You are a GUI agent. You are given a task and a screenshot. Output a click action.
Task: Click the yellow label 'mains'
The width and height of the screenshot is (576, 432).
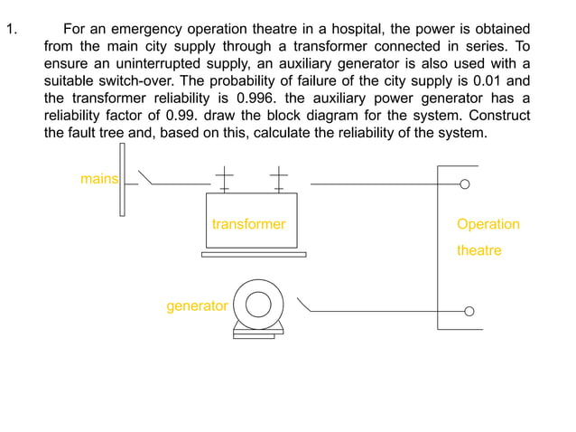(x=98, y=179)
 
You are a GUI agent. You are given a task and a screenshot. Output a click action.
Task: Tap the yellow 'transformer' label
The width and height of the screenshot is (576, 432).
(x=248, y=224)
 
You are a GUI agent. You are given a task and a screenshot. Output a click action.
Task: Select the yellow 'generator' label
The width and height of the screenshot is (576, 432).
(x=197, y=306)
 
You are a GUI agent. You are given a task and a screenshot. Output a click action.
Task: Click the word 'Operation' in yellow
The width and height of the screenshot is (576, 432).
(x=488, y=224)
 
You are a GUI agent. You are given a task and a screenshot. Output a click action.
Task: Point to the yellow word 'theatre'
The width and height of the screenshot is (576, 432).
(x=478, y=250)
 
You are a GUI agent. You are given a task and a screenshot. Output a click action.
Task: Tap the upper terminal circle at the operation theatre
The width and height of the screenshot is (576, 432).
(x=465, y=184)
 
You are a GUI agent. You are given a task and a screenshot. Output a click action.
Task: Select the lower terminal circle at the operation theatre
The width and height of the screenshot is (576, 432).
(x=469, y=312)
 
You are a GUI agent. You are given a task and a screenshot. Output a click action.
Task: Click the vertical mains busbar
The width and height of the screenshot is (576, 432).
(x=122, y=179)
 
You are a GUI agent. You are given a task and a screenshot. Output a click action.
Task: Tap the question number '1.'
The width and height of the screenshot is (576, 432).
(x=12, y=30)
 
